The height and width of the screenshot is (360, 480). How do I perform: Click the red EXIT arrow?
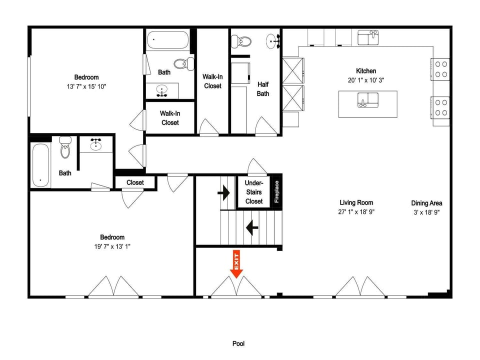[236, 264]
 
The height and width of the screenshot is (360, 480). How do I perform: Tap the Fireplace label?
[276, 191]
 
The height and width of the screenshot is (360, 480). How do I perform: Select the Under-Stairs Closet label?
[254, 192]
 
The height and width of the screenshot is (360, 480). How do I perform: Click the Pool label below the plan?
[238, 343]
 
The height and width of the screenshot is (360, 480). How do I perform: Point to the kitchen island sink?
[368, 100]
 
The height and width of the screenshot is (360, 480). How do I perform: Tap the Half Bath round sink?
[272, 41]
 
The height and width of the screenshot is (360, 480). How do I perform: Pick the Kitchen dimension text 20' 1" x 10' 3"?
[366, 80]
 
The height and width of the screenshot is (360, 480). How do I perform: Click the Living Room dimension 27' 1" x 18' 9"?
[356, 211]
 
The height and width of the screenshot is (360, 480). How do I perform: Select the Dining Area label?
[426, 203]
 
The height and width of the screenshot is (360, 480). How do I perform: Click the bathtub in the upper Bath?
[167, 39]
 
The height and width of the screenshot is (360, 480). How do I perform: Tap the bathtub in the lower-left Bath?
[40, 165]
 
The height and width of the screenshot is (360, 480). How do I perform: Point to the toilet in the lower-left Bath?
[65, 147]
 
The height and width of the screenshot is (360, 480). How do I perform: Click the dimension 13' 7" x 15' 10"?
[86, 86]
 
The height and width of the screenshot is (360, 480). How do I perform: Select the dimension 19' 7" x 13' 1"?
[112, 246]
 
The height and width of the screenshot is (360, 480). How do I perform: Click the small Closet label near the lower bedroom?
[135, 182]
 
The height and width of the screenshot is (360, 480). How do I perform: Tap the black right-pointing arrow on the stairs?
[224, 193]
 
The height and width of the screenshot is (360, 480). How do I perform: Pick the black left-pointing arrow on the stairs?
[252, 228]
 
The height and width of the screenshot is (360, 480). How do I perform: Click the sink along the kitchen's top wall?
[368, 37]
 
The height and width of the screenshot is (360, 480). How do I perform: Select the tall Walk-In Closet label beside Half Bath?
[212, 81]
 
